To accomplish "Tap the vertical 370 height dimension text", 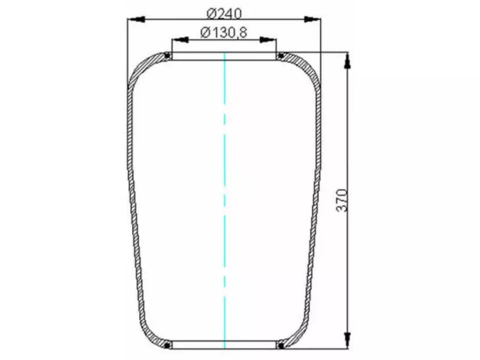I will click(x=341, y=199).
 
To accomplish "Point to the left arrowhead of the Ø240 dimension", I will click(x=135, y=20).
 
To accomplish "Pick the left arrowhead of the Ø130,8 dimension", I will click(x=180, y=40).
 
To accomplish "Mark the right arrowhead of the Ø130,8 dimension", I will click(x=269, y=40).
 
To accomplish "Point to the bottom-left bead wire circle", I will click(x=167, y=345).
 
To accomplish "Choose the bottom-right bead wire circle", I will click(x=281, y=345).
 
